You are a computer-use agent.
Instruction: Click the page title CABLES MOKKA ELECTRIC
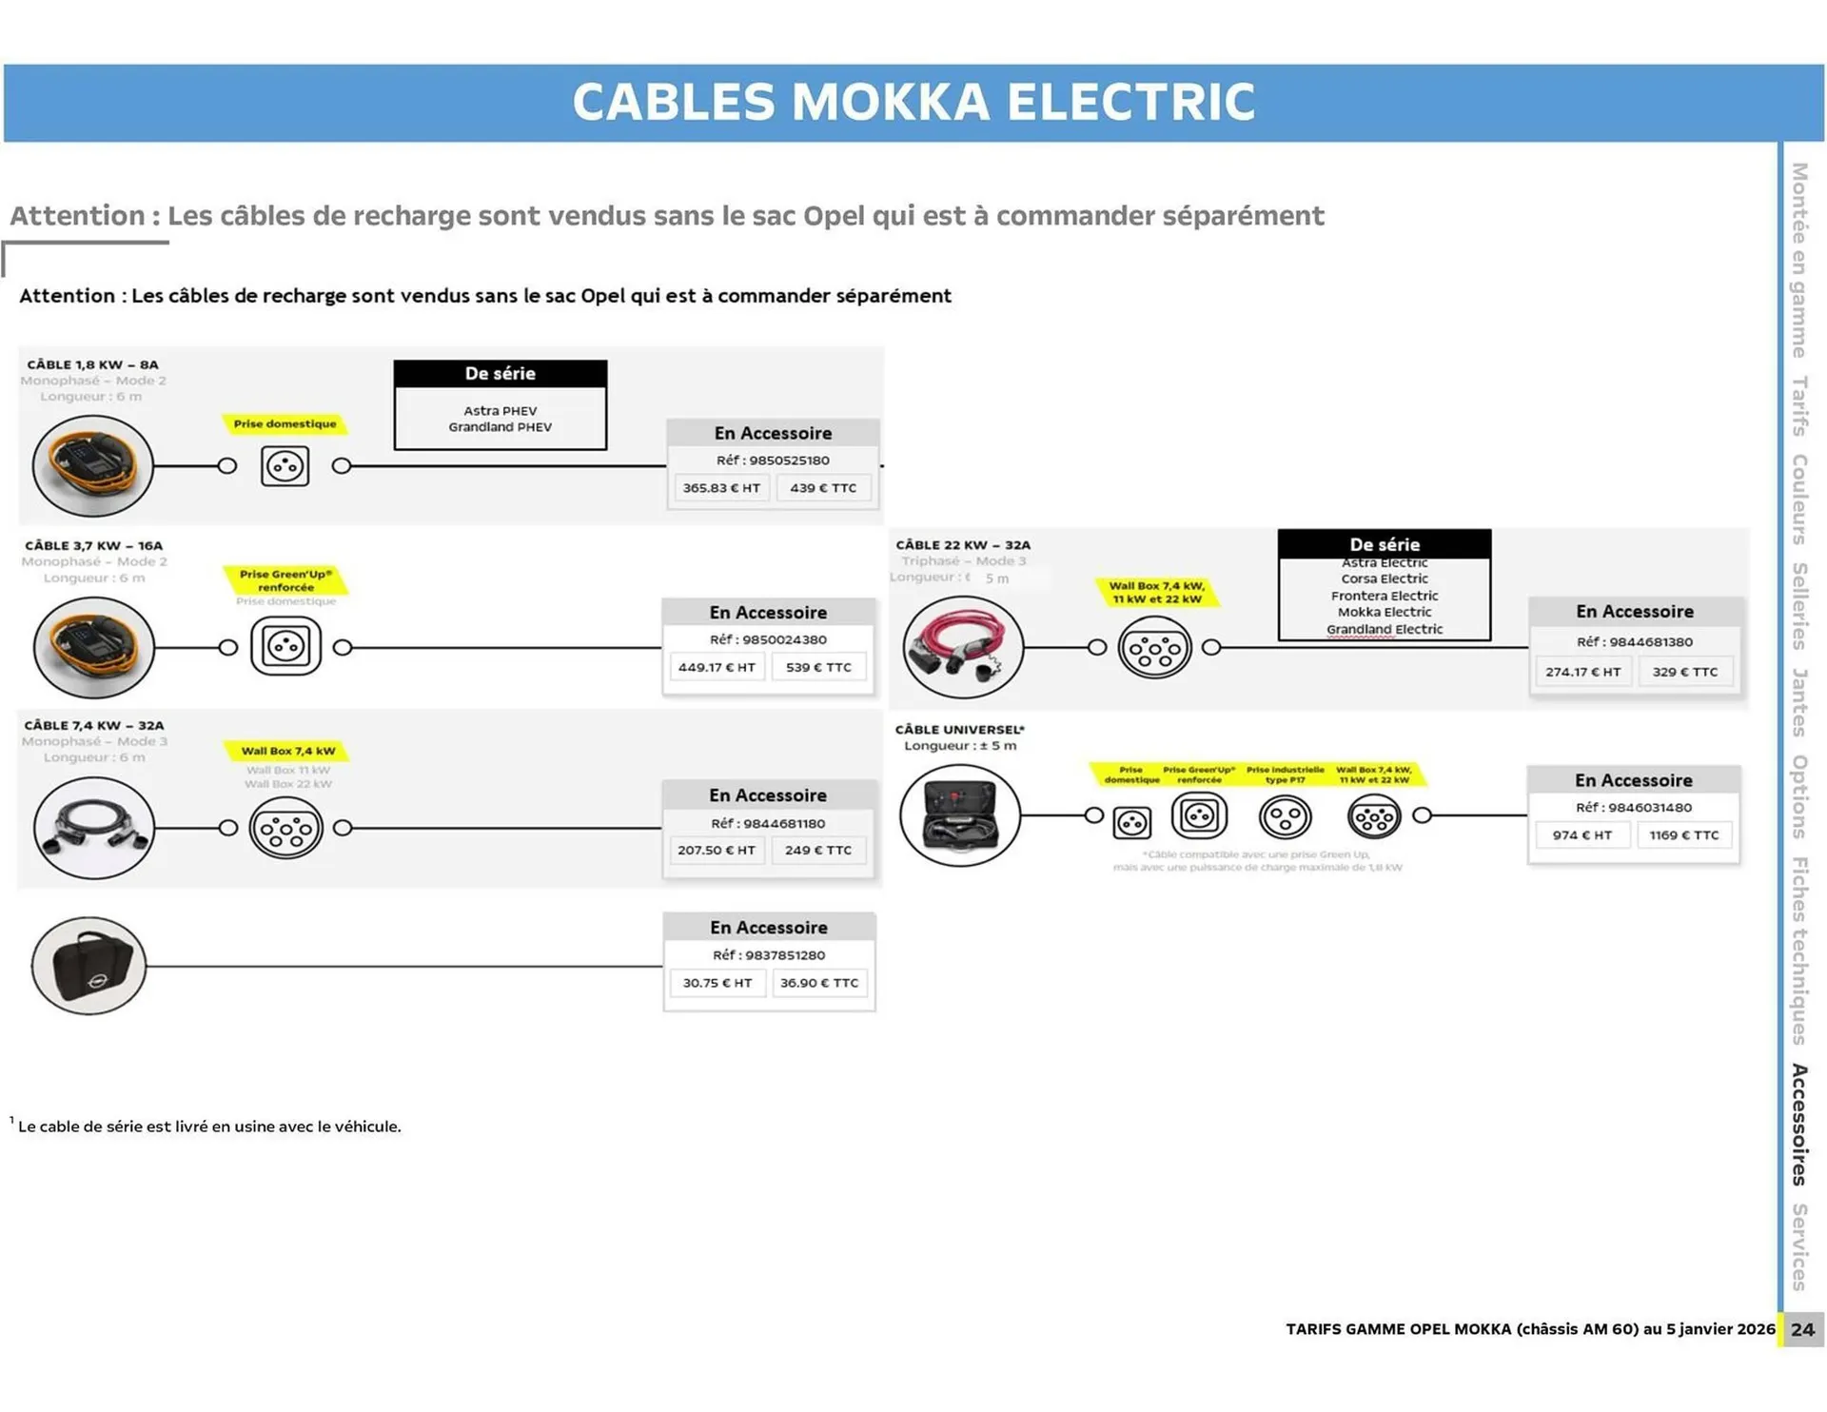pos(913,102)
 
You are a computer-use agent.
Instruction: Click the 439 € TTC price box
pos(823,488)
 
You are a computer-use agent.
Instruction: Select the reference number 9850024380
pos(768,639)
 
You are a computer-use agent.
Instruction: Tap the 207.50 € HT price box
pos(717,850)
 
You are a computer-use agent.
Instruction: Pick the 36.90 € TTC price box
pos(819,983)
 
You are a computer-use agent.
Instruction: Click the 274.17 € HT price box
pos(1582,672)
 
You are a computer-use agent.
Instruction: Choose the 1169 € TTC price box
pos(1684,835)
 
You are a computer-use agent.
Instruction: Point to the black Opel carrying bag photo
pos(88,966)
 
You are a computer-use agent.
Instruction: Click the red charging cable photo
pos(962,647)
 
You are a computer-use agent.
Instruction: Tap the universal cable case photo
pos(960,815)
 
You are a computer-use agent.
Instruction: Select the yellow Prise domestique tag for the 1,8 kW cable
pos(285,424)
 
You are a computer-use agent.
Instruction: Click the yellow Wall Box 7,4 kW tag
pos(288,751)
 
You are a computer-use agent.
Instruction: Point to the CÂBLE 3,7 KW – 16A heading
pos(93,545)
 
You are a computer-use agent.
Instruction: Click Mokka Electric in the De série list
pos(1385,612)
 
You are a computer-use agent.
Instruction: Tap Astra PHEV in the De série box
pos(501,411)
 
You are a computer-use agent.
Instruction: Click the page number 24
pos(1802,1329)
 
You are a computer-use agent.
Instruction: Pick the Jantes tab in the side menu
pos(1799,702)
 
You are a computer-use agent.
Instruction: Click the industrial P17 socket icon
pos(1285,817)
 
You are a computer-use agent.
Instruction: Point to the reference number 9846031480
pos(1634,808)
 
